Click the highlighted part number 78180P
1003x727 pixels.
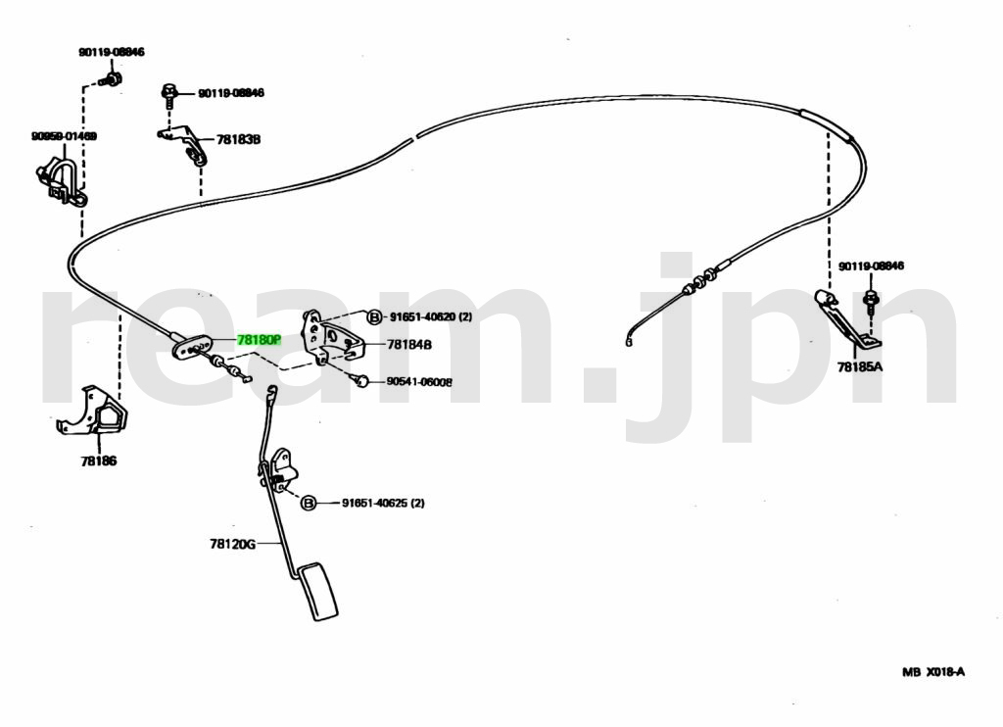point(259,340)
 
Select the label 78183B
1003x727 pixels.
point(238,139)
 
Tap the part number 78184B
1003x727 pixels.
point(409,344)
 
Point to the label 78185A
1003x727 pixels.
point(859,366)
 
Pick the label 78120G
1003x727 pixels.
point(231,544)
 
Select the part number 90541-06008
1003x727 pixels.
point(418,382)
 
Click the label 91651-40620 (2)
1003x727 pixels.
point(431,316)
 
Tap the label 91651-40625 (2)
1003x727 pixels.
point(383,503)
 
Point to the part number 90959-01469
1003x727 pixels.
point(64,136)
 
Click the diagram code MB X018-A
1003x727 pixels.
point(933,671)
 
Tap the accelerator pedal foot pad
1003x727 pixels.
point(320,591)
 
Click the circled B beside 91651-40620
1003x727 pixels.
point(374,316)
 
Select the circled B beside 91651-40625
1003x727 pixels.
point(308,503)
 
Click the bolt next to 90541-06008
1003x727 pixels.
point(364,381)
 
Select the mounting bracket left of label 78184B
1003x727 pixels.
point(329,338)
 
